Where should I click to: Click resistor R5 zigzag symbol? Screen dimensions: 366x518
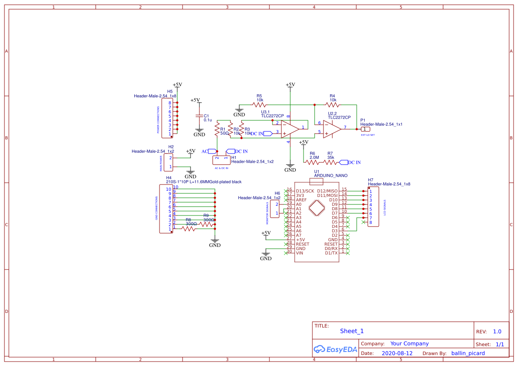point(259,105)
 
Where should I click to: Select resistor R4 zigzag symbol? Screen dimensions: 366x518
point(332,105)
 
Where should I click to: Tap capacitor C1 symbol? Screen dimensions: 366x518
point(199,116)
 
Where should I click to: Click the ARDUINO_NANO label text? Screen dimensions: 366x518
point(331,176)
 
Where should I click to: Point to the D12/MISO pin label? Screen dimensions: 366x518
point(327,191)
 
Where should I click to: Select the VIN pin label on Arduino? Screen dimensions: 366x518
point(300,253)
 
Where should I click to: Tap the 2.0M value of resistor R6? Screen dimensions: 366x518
point(314,158)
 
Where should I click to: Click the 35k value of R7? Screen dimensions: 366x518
point(331,158)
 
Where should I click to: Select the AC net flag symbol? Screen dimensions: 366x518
point(212,151)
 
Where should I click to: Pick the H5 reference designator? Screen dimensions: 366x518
point(170,91)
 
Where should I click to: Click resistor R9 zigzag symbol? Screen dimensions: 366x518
point(206,224)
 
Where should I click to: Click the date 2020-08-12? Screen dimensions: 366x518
point(397,353)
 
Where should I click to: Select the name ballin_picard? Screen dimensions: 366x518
point(468,353)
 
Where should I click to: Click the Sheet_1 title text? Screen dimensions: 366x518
point(352,331)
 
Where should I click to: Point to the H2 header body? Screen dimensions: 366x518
point(169,162)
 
